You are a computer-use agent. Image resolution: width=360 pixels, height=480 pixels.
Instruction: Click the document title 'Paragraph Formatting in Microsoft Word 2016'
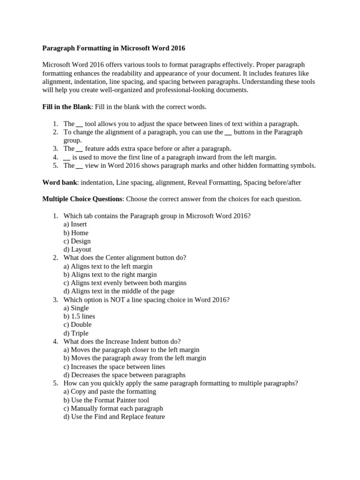[x=114, y=48]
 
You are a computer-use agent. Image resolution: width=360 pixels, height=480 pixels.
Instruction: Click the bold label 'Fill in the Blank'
[x=67, y=107]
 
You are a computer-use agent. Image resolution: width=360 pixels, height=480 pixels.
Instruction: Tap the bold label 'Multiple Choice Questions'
[x=82, y=199]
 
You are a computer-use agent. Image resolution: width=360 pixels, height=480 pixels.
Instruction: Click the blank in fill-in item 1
[x=79, y=124]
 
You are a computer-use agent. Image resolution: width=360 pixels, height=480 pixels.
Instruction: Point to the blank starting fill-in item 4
[x=67, y=157]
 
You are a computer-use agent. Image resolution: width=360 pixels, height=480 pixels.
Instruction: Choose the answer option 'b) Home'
[x=76, y=232]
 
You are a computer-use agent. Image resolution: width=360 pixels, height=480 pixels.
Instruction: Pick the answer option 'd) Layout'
[x=77, y=249]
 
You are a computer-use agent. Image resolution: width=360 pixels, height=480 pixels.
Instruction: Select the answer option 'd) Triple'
[x=76, y=333]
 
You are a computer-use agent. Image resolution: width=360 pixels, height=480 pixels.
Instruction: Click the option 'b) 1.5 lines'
[x=79, y=316]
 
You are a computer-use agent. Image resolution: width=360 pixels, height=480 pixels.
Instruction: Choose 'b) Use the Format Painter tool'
[x=106, y=400]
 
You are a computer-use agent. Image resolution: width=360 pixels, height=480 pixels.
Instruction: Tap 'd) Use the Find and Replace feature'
[x=114, y=417]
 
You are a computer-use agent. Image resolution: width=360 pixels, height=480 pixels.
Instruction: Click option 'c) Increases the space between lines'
[x=114, y=367]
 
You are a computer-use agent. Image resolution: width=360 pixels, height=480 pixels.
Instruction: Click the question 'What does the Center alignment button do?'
[x=125, y=257]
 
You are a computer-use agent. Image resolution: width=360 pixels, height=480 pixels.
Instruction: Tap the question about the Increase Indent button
[x=122, y=341]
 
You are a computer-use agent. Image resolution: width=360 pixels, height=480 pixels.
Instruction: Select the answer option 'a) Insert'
[x=75, y=224]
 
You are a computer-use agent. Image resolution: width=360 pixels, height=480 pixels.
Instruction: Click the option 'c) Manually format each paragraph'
[x=113, y=408]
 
